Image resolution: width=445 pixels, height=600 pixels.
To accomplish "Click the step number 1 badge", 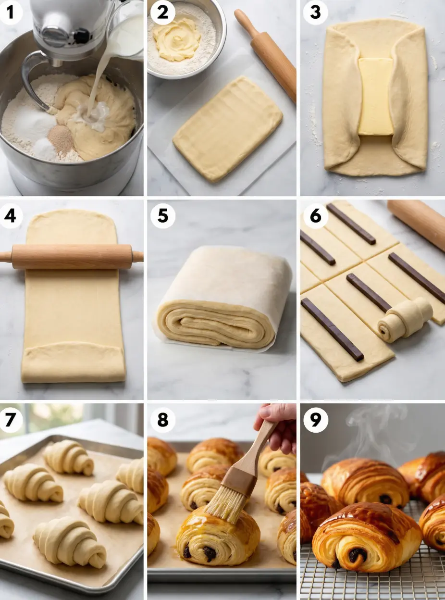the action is click(x=10, y=12).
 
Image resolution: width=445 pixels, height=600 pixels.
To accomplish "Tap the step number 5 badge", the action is click(x=162, y=216).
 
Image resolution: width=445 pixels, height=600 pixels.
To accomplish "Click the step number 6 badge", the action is click(x=315, y=216).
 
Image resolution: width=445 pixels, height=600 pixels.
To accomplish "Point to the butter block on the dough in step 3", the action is click(x=375, y=97).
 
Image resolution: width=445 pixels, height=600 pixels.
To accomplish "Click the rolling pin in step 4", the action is click(x=72, y=256).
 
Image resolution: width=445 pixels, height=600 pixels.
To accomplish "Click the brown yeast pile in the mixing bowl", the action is click(x=62, y=137).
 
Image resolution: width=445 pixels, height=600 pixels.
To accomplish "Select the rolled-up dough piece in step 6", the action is click(x=404, y=320).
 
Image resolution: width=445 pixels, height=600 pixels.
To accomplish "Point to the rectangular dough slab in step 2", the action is click(x=228, y=129).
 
